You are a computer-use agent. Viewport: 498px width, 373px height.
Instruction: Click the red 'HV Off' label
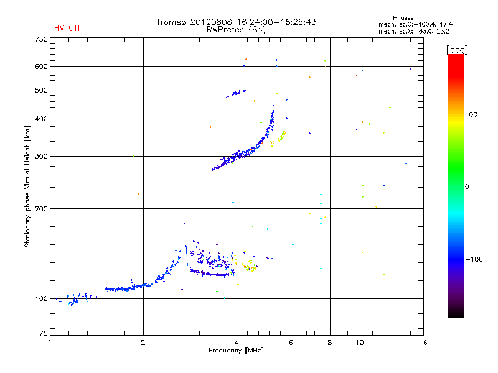67,28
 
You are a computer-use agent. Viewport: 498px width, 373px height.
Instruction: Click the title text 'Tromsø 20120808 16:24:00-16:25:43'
236,22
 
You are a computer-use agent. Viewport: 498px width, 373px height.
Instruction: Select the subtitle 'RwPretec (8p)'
236,30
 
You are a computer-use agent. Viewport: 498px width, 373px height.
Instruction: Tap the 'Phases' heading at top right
403,18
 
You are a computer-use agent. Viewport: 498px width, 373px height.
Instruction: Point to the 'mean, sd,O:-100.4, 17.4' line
415,24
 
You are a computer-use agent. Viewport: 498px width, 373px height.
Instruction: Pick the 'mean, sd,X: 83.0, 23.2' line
414,31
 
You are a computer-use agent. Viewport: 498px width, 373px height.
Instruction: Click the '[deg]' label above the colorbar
457,50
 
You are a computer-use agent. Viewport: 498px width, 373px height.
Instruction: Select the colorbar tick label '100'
471,114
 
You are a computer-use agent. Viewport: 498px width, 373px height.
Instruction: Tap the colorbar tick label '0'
466,187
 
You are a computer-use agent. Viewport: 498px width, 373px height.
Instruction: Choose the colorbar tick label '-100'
474,259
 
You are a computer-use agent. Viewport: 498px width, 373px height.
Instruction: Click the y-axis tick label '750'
41,39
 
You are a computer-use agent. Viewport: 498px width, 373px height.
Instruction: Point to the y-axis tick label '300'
41,157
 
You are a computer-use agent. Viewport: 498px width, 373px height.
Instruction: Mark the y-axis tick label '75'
43,333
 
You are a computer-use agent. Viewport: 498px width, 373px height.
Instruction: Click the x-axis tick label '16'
423,343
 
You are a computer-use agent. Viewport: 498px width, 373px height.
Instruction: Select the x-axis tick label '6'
291,343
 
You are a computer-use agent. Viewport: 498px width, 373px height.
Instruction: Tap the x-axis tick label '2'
143,343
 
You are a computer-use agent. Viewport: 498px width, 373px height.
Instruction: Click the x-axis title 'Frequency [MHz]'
236,351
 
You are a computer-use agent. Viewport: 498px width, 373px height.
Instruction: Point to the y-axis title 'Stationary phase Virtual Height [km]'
27,186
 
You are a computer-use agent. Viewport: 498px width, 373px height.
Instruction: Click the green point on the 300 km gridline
133,157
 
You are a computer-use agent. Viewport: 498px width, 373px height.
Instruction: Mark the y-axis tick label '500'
41,90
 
